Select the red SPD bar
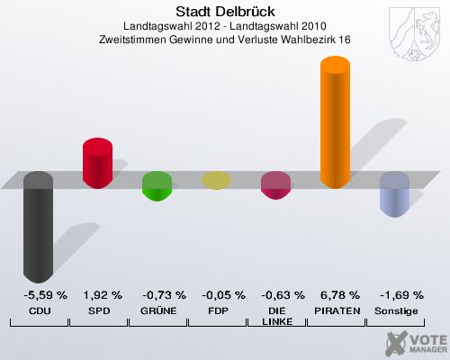pos(97,163)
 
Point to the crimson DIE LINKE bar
pos(275,185)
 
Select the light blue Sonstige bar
pos(394,194)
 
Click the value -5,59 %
pos(39,295)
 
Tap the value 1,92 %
pos(98,295)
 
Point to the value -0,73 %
pos(157,295)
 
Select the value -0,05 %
pos(217,295)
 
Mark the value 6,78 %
pos(336,295)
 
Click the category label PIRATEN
pos(336,310)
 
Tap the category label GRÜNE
pos(157,310)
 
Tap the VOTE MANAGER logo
pos(415,341)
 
